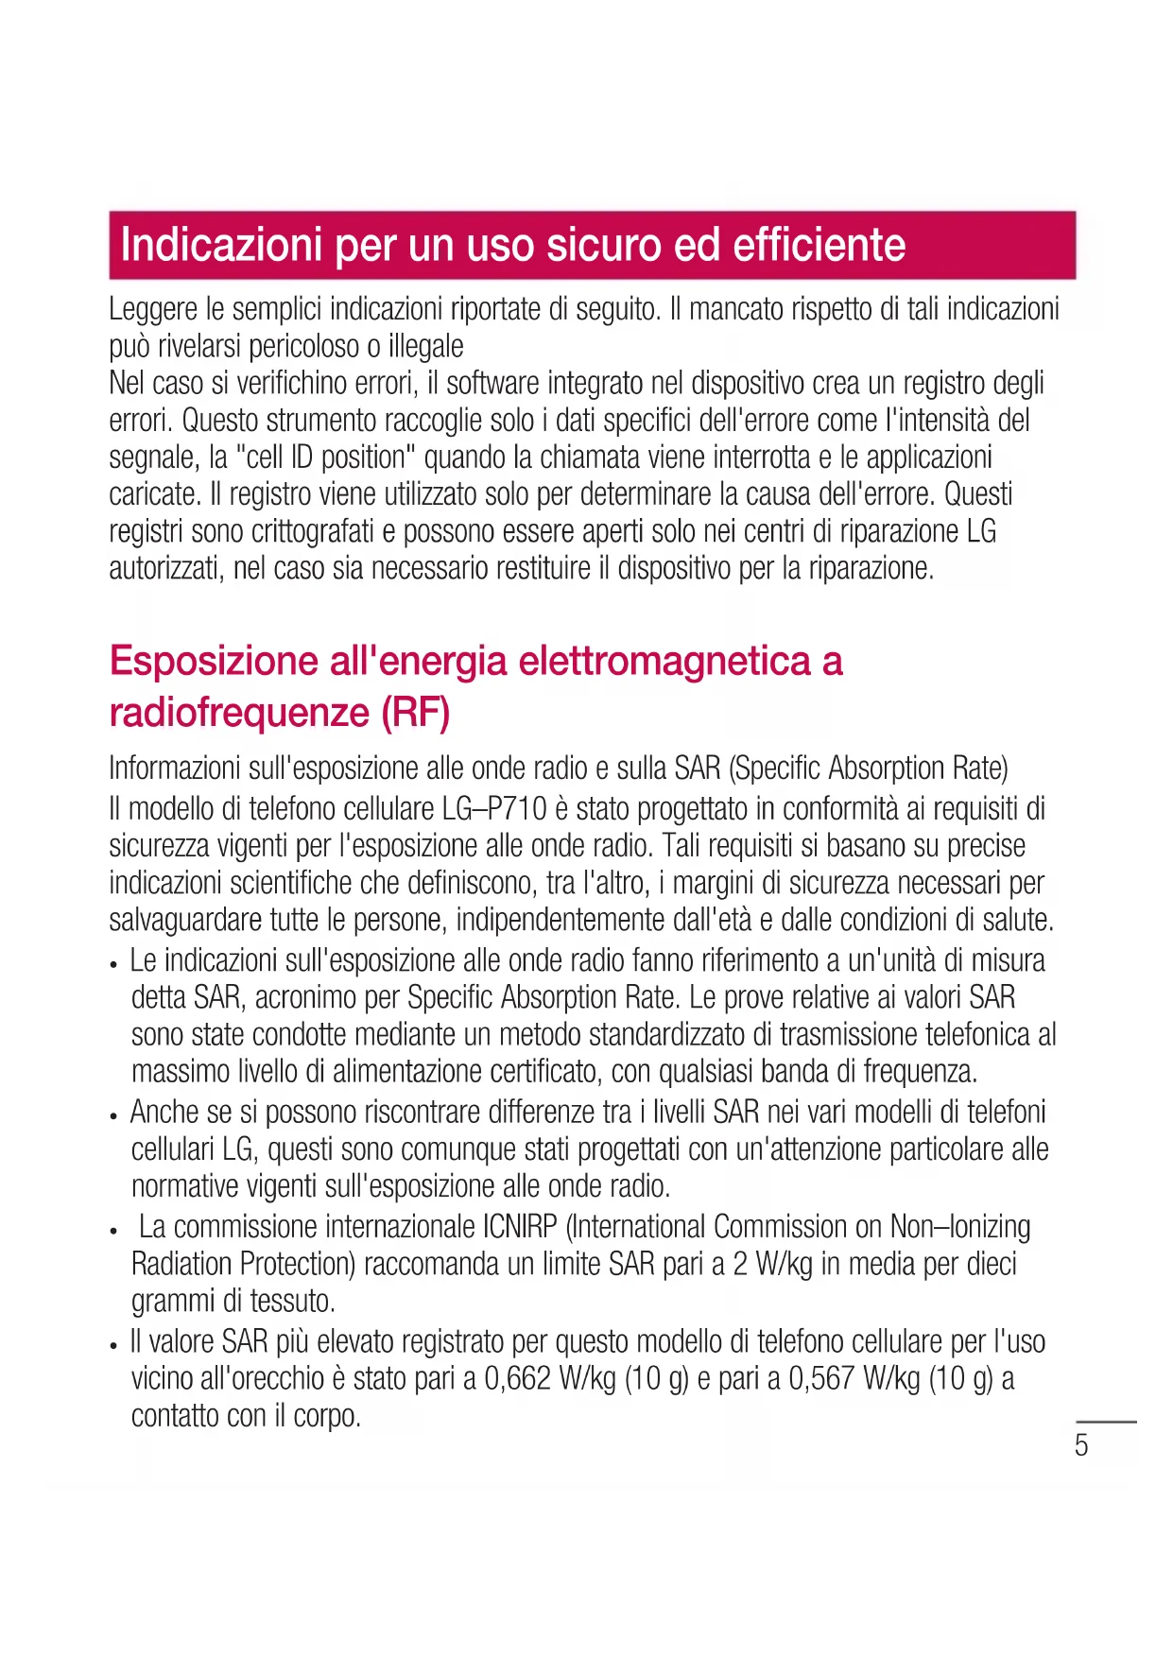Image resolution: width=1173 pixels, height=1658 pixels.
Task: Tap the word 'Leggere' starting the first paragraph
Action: (153, 309)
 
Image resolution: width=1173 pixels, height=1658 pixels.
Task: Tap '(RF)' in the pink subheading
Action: (415, 713)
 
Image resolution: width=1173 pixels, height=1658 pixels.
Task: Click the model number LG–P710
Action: (494, 809)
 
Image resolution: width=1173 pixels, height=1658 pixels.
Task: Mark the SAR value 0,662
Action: (517, 1379)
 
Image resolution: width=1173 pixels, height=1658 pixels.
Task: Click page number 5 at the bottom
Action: (1081, 1445)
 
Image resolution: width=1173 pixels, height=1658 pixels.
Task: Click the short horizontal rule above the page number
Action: (1106, 1422)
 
